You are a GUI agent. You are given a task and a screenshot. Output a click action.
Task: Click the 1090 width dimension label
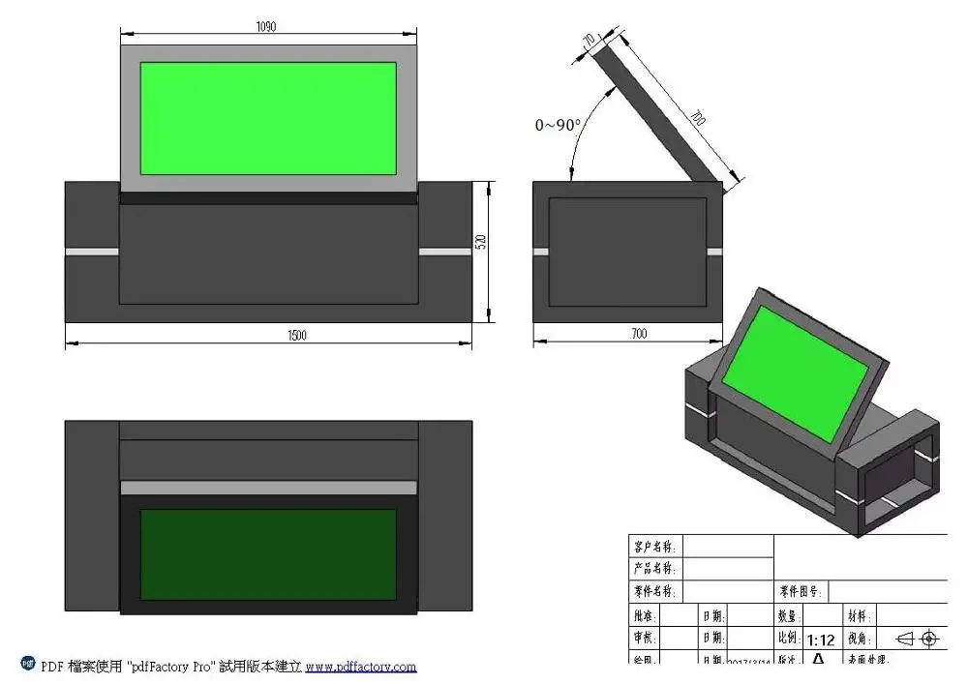[266, 27]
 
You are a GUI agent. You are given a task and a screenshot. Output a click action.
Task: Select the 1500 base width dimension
[297, 335]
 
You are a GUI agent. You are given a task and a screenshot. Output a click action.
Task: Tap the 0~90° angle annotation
[559, 125]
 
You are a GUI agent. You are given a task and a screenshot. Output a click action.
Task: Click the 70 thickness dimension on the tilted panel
[588, 40]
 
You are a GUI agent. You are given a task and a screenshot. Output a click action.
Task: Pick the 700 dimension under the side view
[638, 334]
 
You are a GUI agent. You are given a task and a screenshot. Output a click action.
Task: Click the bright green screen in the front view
[268, 118]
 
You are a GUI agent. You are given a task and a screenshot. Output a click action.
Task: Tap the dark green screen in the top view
[268, 553]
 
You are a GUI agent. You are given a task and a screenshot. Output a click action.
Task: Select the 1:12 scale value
[820, 639]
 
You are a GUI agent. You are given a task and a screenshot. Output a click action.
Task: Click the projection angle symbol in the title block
[917, 639]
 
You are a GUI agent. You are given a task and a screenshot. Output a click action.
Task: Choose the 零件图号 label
[801, 591]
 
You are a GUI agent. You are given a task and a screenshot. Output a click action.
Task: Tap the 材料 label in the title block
[859, 616]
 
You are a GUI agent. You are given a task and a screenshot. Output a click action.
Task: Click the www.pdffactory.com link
[361, 667]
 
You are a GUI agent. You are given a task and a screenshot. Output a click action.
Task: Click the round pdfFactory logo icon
[28, 665]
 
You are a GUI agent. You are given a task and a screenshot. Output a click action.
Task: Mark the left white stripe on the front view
[92, 252]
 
